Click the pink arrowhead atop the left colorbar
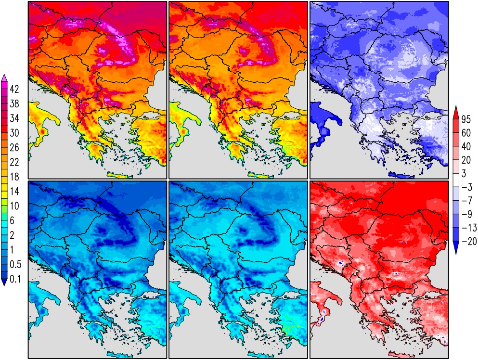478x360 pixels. click(4, 78)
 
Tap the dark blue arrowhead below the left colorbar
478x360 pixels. click(4, 283)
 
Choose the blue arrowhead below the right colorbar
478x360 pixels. click(457, 249)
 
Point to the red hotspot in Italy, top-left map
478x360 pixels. click(42, 131)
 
